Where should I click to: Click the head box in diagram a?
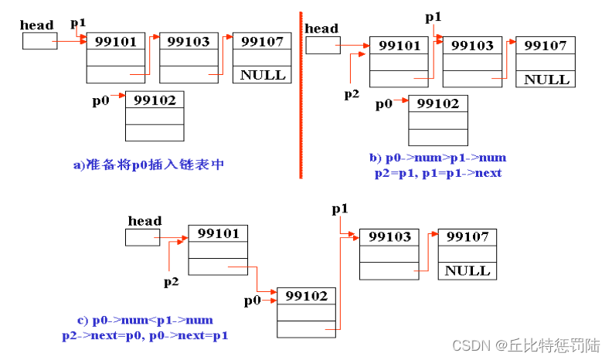click(x=39, y=41)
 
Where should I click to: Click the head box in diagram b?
click(x=322, y=46)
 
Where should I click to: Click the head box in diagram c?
click(x=142, y=237)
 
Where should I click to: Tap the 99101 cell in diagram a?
click(x=116, y=42)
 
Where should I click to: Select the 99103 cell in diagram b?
click(x=472, y=46)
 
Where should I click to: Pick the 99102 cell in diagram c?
click(x=306, y=296)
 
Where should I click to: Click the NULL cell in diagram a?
click(x=263, y=75)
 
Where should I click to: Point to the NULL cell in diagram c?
click(x=467, y=270)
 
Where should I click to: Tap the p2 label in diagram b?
click(x=352, y=94)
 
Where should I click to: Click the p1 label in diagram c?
click(x=340, y=209)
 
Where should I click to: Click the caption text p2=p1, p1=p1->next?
click(x=437, y=173)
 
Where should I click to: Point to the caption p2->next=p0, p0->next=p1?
click(x=145, y=336)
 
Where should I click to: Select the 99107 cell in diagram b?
click(x=546, y=46)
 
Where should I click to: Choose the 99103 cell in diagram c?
click(x=389, y=236)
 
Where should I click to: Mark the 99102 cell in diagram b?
click(x=438, y=104)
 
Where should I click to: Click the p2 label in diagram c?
click(x=172, y=282)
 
